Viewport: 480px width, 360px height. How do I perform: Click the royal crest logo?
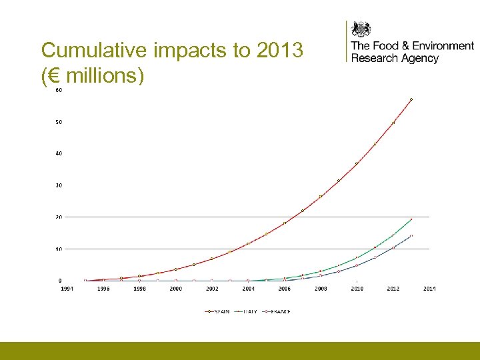tap(361, 29)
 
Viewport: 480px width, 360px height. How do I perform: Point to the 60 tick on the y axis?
tap(59, 91)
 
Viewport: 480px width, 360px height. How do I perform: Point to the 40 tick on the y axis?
tap(59, 153)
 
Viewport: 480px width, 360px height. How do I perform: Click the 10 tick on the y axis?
tap(59, 249)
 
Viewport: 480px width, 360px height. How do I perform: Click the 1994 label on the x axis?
tap(68, 289)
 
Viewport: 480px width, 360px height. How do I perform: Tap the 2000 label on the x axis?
tap(175, 289)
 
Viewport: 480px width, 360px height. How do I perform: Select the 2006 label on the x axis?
tap(285, 289)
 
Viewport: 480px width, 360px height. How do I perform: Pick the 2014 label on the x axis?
tap(429, 289)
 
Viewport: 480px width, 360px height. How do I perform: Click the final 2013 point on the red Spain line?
tap(411, 99)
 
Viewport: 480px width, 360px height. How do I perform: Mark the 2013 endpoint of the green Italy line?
tap(411, 219)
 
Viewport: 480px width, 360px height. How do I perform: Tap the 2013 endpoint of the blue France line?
tap(411, 235)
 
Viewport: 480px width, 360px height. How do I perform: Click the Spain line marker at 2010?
tap(357, 163)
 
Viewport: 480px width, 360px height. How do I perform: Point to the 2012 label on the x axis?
tap(393, 289)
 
